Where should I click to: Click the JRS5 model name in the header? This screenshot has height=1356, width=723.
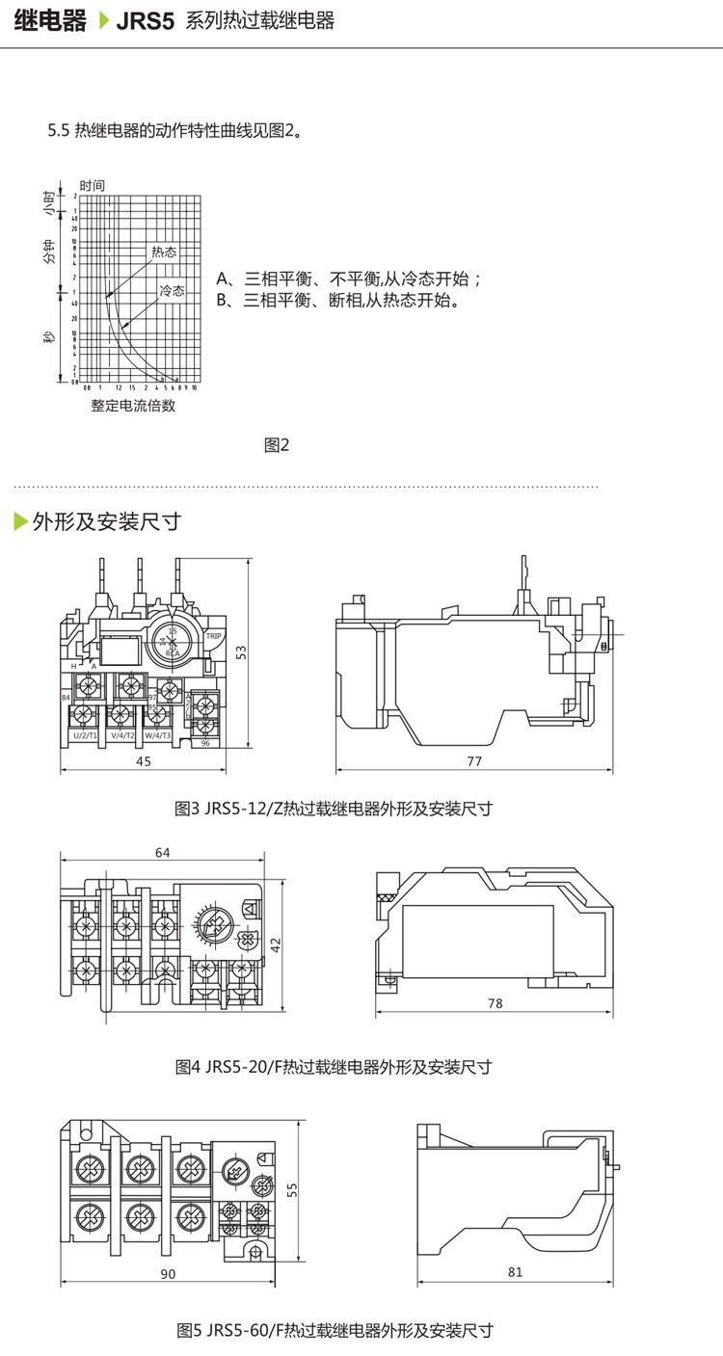(x=145, y=21)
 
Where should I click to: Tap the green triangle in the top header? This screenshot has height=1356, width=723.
(x=105, y=21)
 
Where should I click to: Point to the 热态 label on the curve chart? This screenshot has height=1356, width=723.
(x=164, y=252)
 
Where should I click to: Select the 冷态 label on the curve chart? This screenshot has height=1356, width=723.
(x=172, y=290)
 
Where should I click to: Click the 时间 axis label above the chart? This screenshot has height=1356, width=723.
(x=93, y=185)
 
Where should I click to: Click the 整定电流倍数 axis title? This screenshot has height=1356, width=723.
(x=133, y=406)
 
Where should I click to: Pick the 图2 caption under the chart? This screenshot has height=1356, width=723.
(x=277, y=444)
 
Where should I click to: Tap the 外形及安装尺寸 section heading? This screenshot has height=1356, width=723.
(x=106, y=521)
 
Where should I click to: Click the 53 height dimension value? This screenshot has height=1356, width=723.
(x=243, y=652)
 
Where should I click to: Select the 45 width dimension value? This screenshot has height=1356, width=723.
(x=143, y=761)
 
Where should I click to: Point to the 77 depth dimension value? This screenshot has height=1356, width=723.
(x=473, y=761)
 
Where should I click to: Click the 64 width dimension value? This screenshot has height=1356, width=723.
(x=162, y=852)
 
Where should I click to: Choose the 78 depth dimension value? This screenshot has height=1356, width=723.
(x=495, y=1003)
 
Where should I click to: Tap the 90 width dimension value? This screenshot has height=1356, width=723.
(x=168, y=1273)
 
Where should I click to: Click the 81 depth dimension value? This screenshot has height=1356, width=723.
(x=515, y=1272)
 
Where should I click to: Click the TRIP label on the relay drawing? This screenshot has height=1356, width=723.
(x=214, y=636)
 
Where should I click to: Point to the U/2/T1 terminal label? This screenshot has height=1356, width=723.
(x=85, y=735)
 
